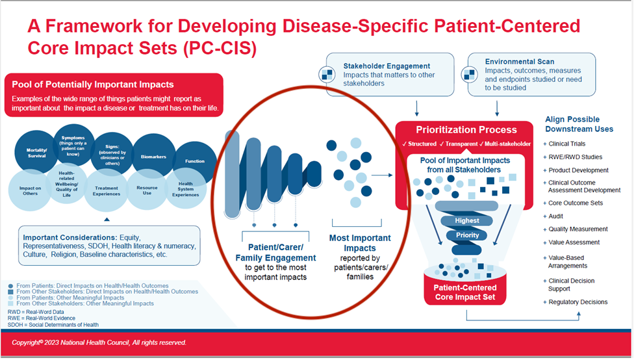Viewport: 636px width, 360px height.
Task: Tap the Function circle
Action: (194, 161)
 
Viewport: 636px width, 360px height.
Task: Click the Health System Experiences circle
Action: (184, 188)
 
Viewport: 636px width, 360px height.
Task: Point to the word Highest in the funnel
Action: (467, 220)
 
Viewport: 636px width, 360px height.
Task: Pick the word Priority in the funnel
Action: (467, 235)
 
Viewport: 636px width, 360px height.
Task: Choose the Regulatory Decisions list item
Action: (578, 302)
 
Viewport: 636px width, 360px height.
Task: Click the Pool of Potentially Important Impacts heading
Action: (89, 84)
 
